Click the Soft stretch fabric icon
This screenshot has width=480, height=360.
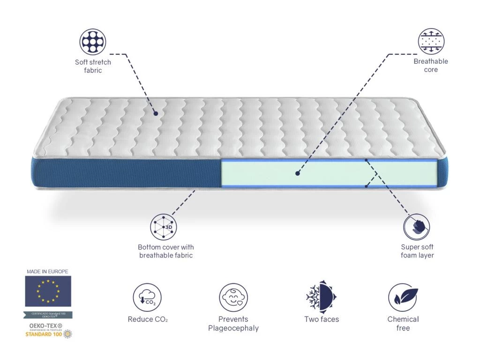(93, 42)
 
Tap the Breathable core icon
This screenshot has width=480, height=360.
(431, 42)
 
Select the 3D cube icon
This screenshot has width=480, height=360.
(164, 227)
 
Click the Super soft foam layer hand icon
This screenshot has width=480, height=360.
(417, 227)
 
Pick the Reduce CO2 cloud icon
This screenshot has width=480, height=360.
(147, 298)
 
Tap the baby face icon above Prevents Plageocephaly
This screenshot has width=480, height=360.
(233, 298)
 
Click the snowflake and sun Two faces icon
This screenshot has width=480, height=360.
(322, 297)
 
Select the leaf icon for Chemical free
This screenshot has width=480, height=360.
(403, 298)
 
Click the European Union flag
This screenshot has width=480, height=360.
(48, 291)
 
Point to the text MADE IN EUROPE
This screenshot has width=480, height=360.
(47, 271)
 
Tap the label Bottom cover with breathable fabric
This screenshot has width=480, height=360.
(166, 251)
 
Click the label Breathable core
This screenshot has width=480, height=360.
(431, 66)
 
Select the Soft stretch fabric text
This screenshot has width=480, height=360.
(93, 66)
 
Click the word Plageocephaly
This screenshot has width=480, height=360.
(233, 328)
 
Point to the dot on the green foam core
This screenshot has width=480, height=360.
(297, 173)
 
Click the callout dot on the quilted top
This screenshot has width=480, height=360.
(156, 113)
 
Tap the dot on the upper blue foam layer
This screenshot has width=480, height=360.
(367, 160)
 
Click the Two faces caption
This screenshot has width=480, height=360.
(322, 319)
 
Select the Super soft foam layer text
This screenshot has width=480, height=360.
(417, 251)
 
